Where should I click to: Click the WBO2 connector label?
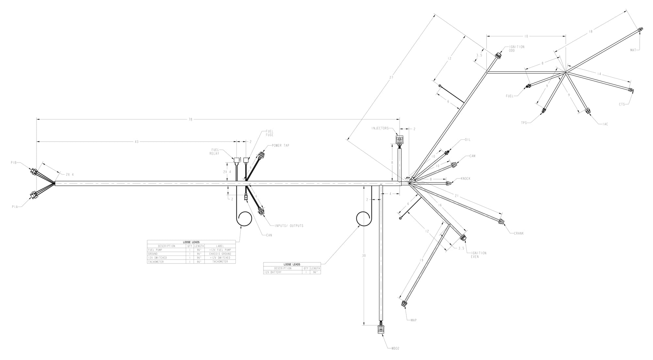click(395, 348)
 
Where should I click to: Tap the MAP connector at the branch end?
click(404, 304)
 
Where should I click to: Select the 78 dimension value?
click(190, 119)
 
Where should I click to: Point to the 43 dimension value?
click(136, 142)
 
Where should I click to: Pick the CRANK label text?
click(519, 233)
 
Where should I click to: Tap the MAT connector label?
click(633, 50)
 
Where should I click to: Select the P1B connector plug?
click(34, 171)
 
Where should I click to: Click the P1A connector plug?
click(34, 195)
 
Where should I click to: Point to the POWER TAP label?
click(280, 146)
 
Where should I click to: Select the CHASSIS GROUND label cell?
click(220, 254)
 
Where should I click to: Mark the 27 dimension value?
click(391, 78)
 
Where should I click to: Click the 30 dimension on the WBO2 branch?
click(364, 256)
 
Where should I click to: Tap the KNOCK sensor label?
click(466, 179)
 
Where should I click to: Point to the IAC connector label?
click(605, 124)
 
